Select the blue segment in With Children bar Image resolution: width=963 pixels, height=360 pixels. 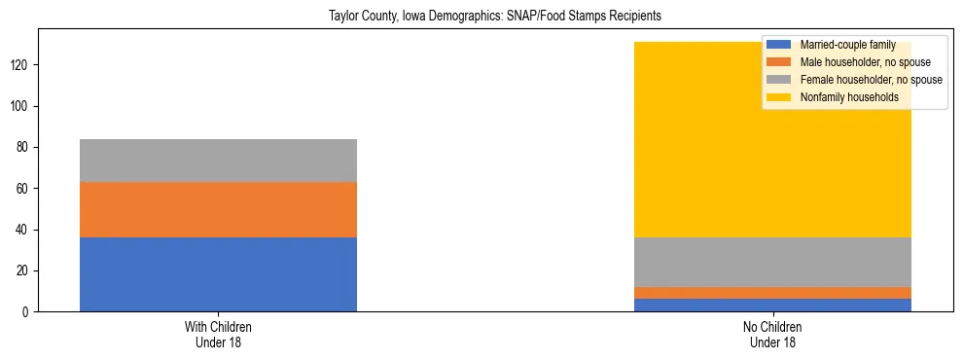pos(218,274)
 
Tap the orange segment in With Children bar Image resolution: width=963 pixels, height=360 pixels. pos(218,209)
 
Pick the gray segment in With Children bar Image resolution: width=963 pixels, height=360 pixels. pos(218,161)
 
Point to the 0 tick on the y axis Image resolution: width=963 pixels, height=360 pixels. pos(28,312)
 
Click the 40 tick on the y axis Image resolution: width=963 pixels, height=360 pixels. pos(25,230)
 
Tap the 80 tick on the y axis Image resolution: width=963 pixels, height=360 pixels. pos(25,148)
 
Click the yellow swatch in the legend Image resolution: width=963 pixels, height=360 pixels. pos(779,97)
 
